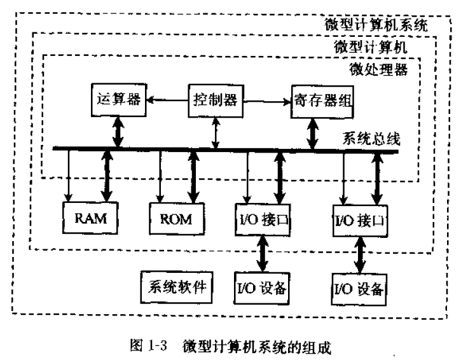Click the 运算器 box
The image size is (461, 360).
coord(117,99)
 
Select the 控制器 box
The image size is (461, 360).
coord(215,99)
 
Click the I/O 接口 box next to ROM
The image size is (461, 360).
coord(263,220)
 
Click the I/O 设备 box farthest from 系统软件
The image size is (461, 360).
coord(359,288)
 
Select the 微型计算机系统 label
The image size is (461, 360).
coord(377,25)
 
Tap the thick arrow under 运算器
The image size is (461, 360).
coord(117,133)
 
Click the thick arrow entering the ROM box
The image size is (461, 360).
coord(191,177)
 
